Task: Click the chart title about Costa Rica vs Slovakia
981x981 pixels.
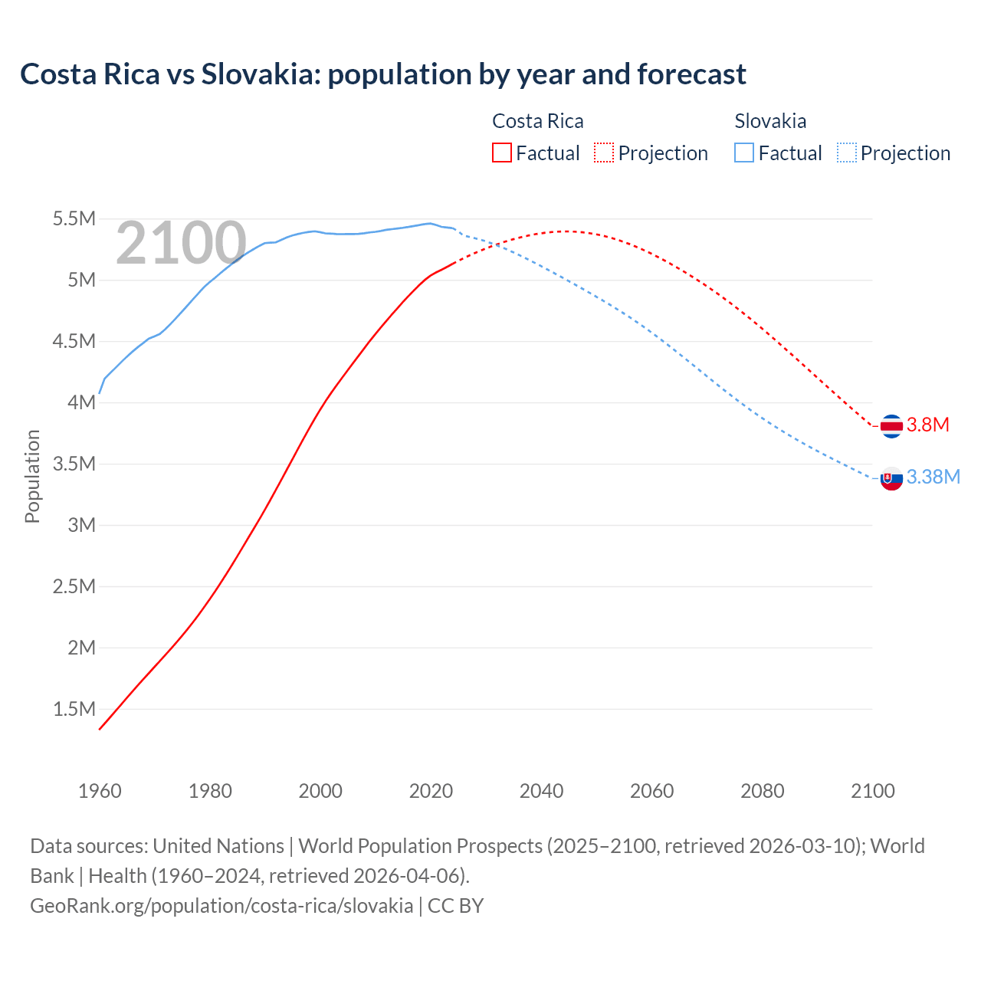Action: pyautogui.click(x=383, y=74)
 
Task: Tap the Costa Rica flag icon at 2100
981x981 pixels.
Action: pyautogui.click(x=891, y=425)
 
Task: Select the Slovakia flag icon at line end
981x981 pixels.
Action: pyautogui.click(x=891, y=478)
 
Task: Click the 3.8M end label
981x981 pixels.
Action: pyautogui.click(x=928, y=425)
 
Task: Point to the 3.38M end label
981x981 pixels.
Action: pyautogui.click(x=933, y=477)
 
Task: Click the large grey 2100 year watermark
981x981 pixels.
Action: pyautogui.click(x=181, y=244)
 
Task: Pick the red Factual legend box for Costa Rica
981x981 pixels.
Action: pyautogui.click(x=502, y=153)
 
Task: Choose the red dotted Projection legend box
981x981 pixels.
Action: pyautogui.click(x=604, y=153)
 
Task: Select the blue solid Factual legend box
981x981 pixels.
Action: pyautogui.click(x=744, y=153)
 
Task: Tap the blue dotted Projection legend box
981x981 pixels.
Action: pyautogui.click(x=846, y=153)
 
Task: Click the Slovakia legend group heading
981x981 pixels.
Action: pyautogui.click(x=770, y=121)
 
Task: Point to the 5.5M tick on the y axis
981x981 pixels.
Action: pyautogui.click(x=74, y=219)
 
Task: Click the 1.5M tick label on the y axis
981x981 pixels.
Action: pyautogui.click(x=74, y=709)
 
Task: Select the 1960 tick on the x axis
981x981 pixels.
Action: pyautogui.click(x=100, y=791)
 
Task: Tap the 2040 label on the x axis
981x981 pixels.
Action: pyautogui.click(x=541, y=791)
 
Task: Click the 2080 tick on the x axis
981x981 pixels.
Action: pyautogui.click(x=762, y=791)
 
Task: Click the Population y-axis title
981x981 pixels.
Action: pyautogui.click(x=32, y=476)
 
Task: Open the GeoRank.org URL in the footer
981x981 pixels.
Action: pyautogui.click(x=221, y=906)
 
